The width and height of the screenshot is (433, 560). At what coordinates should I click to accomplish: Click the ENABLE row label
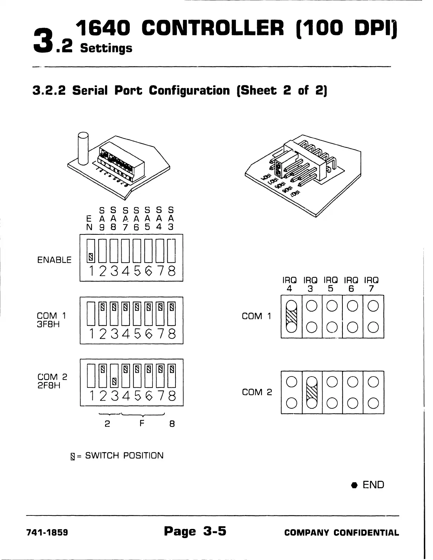point(54,260)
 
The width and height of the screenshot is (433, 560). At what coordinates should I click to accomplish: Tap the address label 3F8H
point(48,324)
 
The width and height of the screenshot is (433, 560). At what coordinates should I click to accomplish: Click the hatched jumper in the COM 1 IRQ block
point(291,316)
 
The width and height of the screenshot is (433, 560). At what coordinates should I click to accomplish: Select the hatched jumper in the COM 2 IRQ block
point(312,392)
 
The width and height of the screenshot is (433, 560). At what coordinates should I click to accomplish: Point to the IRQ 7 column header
point(371,284)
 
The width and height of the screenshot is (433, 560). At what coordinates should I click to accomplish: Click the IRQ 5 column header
point(331,284)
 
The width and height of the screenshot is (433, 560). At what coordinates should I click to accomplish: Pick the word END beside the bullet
point(373,485)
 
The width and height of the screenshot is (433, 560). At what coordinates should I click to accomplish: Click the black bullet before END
point(353,485)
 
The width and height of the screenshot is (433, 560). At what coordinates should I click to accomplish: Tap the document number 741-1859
point(48,532)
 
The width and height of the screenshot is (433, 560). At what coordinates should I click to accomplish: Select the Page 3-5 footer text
point(195,531)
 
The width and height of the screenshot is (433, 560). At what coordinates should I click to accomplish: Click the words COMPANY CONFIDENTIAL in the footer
point(341,533)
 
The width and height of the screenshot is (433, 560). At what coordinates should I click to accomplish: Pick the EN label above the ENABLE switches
point(90,223)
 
